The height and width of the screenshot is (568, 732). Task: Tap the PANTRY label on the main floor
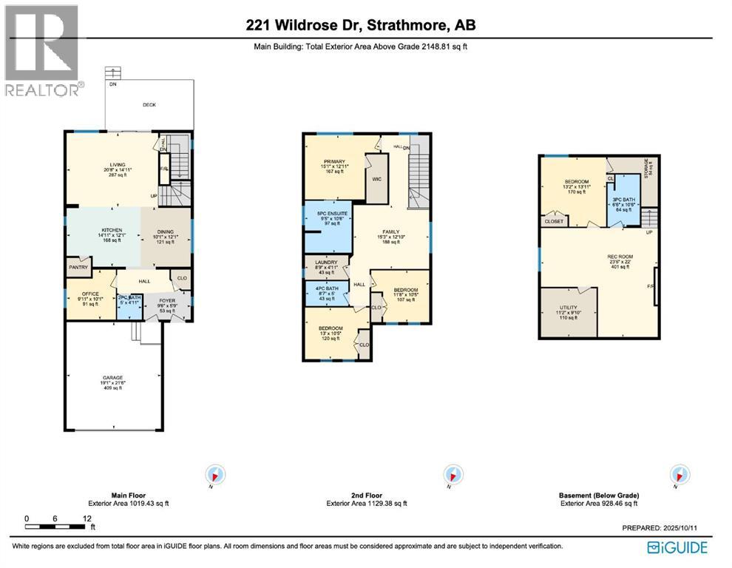tap(78, 268)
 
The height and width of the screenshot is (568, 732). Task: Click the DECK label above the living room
tap(149, 105)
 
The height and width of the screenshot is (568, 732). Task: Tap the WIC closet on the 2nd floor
tap(376, 178)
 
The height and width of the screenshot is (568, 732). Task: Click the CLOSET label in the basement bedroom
tap(553, 220)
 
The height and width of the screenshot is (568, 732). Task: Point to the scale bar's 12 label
tap(87, 518)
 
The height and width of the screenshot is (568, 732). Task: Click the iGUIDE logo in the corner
tap(678, 547)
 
